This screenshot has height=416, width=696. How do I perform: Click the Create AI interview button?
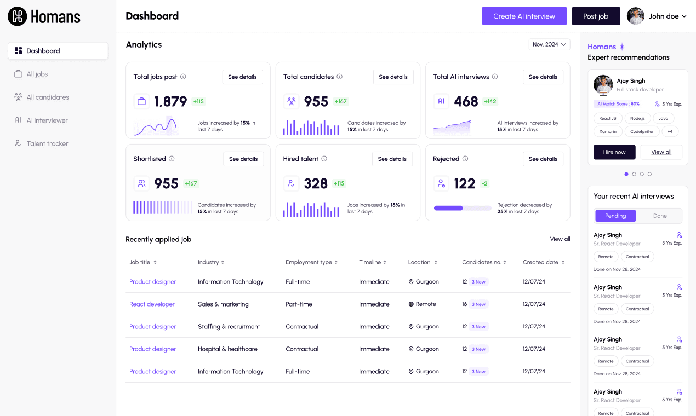tap(524, 16)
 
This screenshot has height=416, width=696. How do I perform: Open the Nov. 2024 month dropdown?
tap(549, 44)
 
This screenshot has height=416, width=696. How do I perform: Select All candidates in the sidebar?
tap(48, 97)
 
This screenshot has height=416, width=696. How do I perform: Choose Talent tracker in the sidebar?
tap(47, 143)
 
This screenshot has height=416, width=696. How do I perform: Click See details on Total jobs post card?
tap(242, 77)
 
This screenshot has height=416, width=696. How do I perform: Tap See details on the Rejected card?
tap(543, 159)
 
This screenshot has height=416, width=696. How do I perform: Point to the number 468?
tap(466, 102)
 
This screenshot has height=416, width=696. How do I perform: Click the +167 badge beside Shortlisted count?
tap(191, 184)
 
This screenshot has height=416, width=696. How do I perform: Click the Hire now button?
tap(614, 152)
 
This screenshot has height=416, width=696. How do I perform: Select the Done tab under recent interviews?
tap(660, 216)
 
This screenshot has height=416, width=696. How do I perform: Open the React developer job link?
tap(152, 304)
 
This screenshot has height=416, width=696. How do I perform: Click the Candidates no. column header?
tap(482, 262)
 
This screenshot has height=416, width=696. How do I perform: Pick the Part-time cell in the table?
tap(299, 304)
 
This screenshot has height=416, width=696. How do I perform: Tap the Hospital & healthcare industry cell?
tap(227, 349)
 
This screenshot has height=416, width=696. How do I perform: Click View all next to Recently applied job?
tap(560, 239)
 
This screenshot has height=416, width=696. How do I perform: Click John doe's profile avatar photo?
tap(636, 16)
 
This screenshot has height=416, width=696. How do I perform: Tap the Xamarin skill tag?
tap(608, 131)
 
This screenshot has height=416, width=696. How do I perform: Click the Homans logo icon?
tap(17, 16)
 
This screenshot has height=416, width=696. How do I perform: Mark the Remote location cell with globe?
tap(422, 304)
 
